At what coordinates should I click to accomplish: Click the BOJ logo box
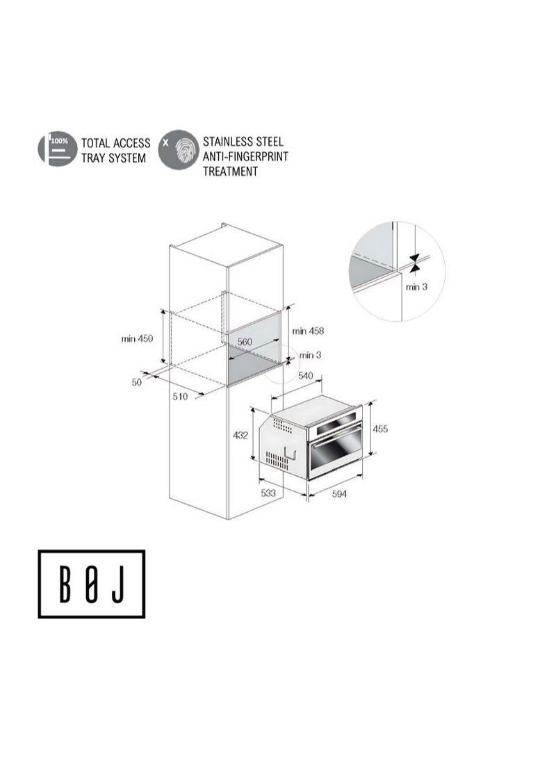pyautogui.click(x=91, y=584)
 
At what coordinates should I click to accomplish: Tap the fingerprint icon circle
pyautogui.click(x=177, y=149)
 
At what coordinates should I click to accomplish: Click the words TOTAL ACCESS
pyautogui.click(x=115, y=143)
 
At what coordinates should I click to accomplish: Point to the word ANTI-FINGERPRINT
pyautogui.click(x=245, y=156)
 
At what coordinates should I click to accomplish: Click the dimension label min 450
pyautogui.click(x=137, y=339)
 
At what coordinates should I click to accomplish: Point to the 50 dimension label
pyautogui.click(x=136, y=382)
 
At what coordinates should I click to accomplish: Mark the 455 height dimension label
pyautogui.click(x=380, y=429)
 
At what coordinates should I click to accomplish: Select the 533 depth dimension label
pyautogui.click(x=269, y=493)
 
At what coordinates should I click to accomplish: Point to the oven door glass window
pyautogui.click(x=335, y=454)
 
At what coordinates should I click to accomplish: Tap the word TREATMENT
pyautogui.click(x=230, y=171)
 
